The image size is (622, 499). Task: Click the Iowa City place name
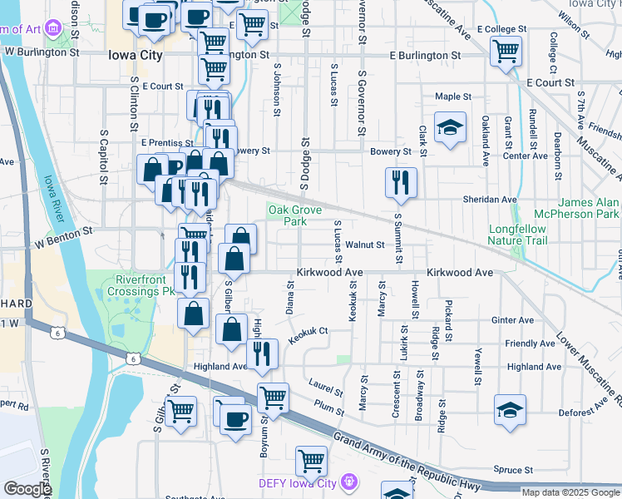tap(137, 56)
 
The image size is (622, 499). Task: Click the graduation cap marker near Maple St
tap(450, 128)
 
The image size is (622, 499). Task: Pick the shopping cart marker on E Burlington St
tap(506, 51)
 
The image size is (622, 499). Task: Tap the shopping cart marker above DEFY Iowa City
tap(311, 460)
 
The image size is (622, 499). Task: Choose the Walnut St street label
tap(365, 245)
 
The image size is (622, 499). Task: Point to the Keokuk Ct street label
tap(309, 335)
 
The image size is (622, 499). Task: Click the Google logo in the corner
tap(27, 488)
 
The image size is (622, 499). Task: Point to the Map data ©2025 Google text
tap(570, 492)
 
